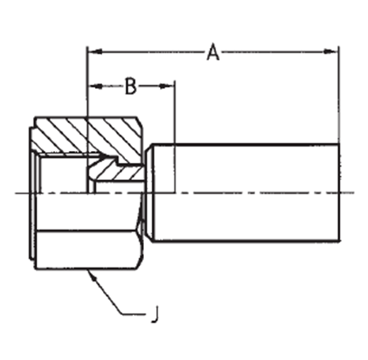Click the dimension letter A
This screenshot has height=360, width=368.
213,52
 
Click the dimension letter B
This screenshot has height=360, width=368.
131,86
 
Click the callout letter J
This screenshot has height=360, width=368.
155,314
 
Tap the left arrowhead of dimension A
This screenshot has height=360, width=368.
94,52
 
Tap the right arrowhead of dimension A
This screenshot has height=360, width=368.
331,52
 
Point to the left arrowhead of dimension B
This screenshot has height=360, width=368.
94,86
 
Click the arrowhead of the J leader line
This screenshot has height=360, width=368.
92,276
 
